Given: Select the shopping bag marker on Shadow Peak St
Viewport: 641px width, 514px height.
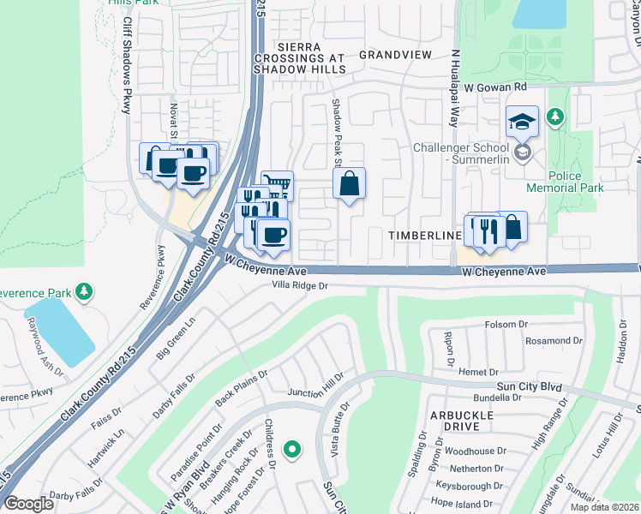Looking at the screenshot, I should pos(349,183).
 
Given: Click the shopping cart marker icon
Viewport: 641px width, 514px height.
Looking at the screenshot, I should pos(277,184).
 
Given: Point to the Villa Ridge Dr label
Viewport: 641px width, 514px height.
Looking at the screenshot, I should pos(300,286).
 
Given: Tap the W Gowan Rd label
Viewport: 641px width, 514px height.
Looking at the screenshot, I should pos(495,87).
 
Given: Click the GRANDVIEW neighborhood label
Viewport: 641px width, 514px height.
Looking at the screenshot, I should pos(395,55).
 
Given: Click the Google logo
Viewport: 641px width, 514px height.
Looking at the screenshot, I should pos(28,504).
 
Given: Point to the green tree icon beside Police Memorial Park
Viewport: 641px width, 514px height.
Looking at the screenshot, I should pos(555,115).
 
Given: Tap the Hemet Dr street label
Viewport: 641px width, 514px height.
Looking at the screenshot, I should pos(478,372).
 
